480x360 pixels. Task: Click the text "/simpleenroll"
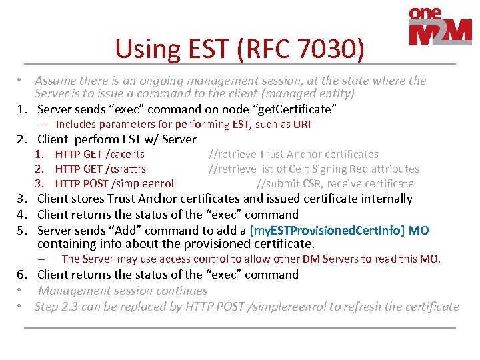click(144, 183)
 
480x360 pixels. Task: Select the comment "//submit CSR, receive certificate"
click(335, 183)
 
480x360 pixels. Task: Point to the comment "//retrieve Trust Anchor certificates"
click(293, 154)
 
